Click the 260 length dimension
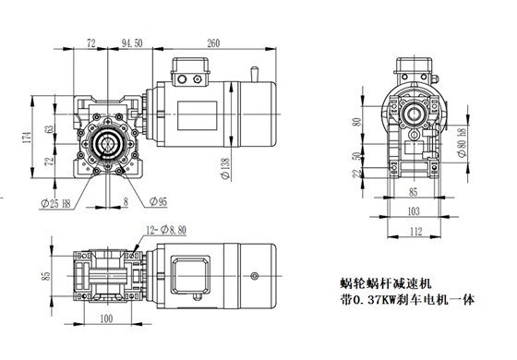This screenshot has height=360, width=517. (x=213, y=42)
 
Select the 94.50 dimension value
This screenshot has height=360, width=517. (x=131, y=42)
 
